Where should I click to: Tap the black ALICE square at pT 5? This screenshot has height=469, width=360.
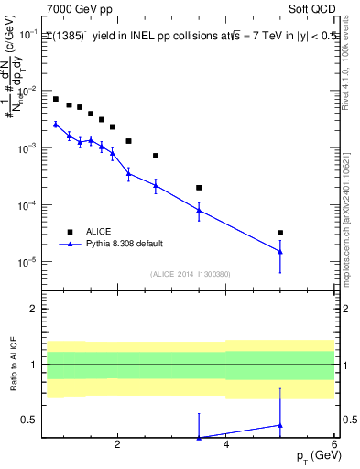pyautogui.click(x=280, y=233)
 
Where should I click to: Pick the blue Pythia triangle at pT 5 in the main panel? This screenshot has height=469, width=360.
pyautogui.click(x=280, y=251)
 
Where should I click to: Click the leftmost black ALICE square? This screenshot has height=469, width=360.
pyautogui.click(x=56, y=99)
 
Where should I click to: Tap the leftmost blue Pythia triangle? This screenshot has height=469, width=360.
pyautogui.click(x=56, y=124)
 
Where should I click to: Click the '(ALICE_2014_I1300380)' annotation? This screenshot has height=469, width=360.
pyautogui.click(x=190, y=274)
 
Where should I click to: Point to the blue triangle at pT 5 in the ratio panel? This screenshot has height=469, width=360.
pyautogui.click(x=280, y=425)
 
